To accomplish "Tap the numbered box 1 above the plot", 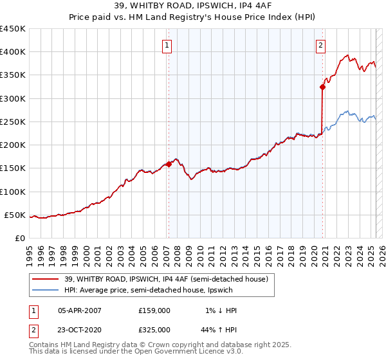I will [x=167, y=45].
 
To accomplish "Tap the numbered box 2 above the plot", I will [x=320, y=45].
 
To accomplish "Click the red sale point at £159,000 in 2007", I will [x=169, y=164].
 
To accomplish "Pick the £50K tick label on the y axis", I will [x=15, y=215].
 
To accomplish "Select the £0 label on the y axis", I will [x=20, y=238].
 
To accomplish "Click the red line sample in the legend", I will [x=47, y=278].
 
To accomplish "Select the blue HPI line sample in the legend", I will [x=47, y=291].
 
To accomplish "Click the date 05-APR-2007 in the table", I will [x=80, y=310].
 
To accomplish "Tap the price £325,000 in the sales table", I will [x=154, y=329].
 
